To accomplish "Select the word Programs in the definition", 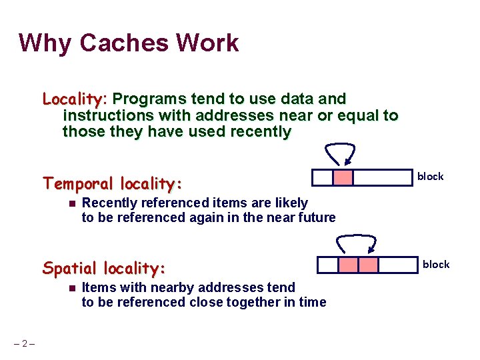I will (148, 99).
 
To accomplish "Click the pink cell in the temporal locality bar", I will (343, 177).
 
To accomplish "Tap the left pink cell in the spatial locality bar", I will (348, 265).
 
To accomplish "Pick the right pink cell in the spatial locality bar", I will (368, 265).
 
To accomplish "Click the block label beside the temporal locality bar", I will (430, 176).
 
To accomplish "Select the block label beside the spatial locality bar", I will (436, 264).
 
